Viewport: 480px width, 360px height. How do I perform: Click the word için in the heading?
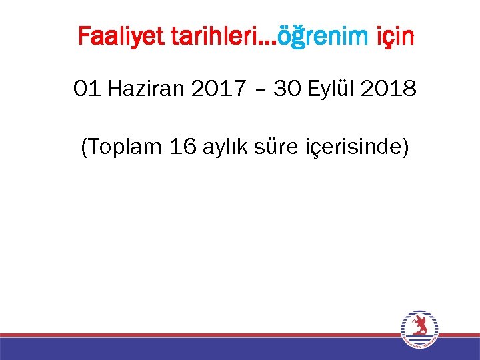[x=393, y=37]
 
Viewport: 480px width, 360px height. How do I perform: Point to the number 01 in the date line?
[x=88, y=89]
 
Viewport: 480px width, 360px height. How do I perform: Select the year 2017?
[x=217, y=89]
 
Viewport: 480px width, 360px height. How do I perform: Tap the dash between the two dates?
[x=257, y=90]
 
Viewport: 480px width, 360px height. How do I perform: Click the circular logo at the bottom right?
[x=419, y=329]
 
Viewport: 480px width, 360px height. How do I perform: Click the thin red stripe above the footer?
[x=200, y=335]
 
